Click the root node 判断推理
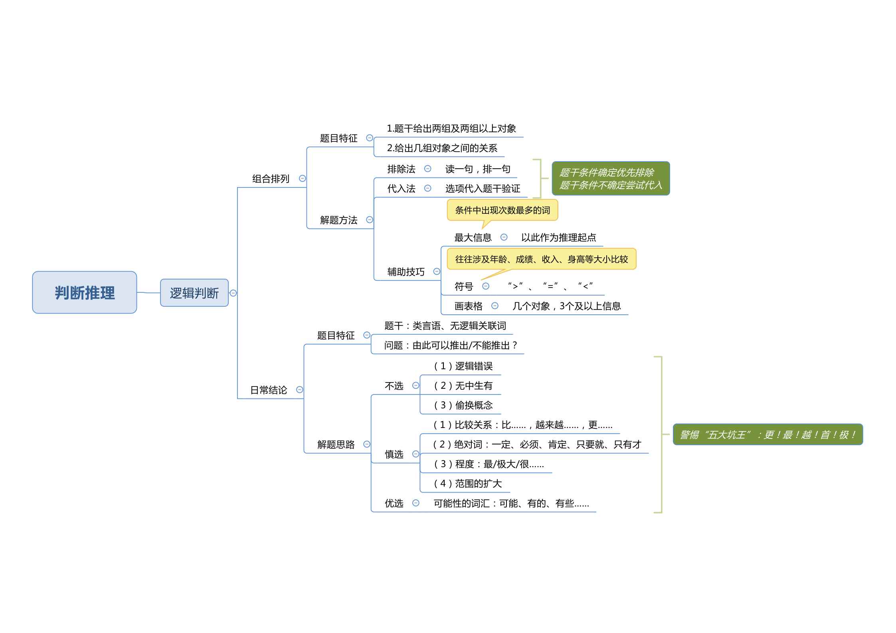click(x=85, y=292)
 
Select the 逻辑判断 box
click(x=194, y=293)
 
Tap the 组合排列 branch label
click(x=271, y=179)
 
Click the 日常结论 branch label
click(x=269, y=390)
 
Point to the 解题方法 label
click(x=339, y=220)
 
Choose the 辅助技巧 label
click(x=406, y=272)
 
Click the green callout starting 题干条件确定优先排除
click(x=611, y=178)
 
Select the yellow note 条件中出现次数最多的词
click(x=502, y=210)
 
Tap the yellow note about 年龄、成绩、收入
click(x=542, y=259)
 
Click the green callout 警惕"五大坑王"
click(x=768, y=434)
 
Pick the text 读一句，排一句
click(x=478, y=169)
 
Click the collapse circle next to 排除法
click(x=428, y=169)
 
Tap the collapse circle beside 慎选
click(x=416, y=454)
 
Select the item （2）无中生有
click(x=463, y=386)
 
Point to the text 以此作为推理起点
click(x=558, y=238)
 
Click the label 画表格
click(x=469, y=306)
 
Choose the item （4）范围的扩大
click(x=467, y=483)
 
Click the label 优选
click(x=394, y=503)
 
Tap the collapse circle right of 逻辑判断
click(x=233, y=293)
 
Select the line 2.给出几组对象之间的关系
click(x=442, y=148)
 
